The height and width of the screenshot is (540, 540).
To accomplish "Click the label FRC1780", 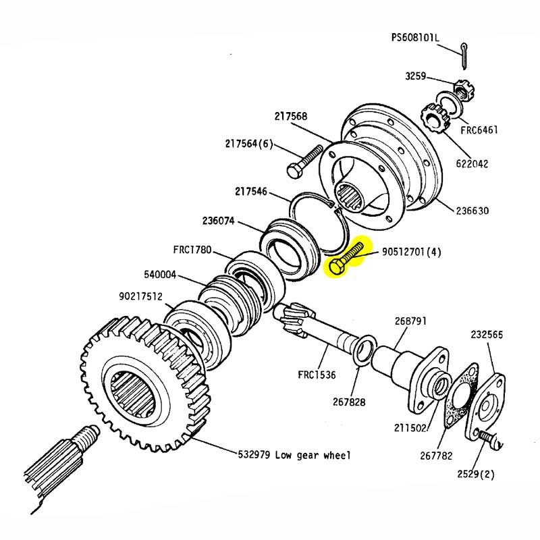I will (x=194, y=249).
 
